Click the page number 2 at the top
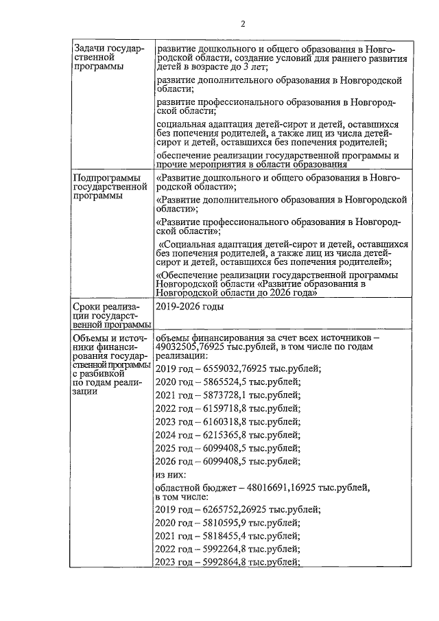pos(243,25)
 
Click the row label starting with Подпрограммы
pos(110,187)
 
